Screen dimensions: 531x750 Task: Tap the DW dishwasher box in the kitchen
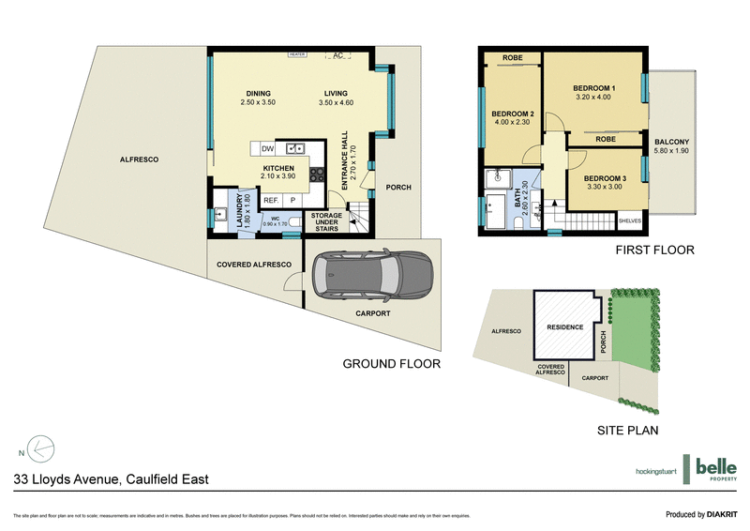[x=267, y=148]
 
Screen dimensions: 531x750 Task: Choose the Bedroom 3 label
[x=604, y=177]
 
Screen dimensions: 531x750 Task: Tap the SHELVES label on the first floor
[x=629, y=221]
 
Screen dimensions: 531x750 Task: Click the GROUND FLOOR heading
[x=391, y=363]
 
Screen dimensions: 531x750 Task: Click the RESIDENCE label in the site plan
[x=564, y=327]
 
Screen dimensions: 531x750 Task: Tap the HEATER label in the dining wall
[x=298, y=54]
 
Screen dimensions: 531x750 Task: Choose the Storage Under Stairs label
[x=326, y=221]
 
